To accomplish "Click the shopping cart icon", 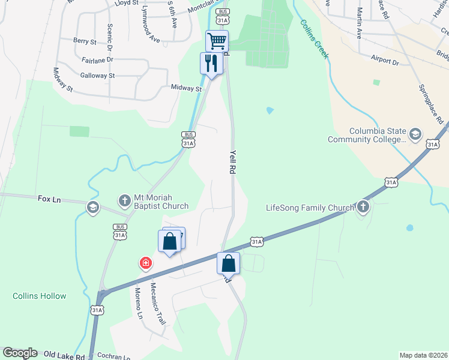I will pos(217,41).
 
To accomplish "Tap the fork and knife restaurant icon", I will pos(211,63).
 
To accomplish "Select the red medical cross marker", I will pos(145,263).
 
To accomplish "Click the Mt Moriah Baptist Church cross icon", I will pos(124,200).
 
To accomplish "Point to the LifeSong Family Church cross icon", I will pos(363,208).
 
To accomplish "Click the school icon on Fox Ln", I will pos(92,208).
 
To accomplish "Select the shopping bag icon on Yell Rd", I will pos(229,263).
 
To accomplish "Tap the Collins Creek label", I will pos(314,39).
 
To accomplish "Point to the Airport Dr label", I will pos(385,61).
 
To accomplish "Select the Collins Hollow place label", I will pos(39,296).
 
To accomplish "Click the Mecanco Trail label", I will pos(157,304).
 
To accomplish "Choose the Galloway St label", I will pos(97,76).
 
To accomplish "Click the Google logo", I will pos(20,353).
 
